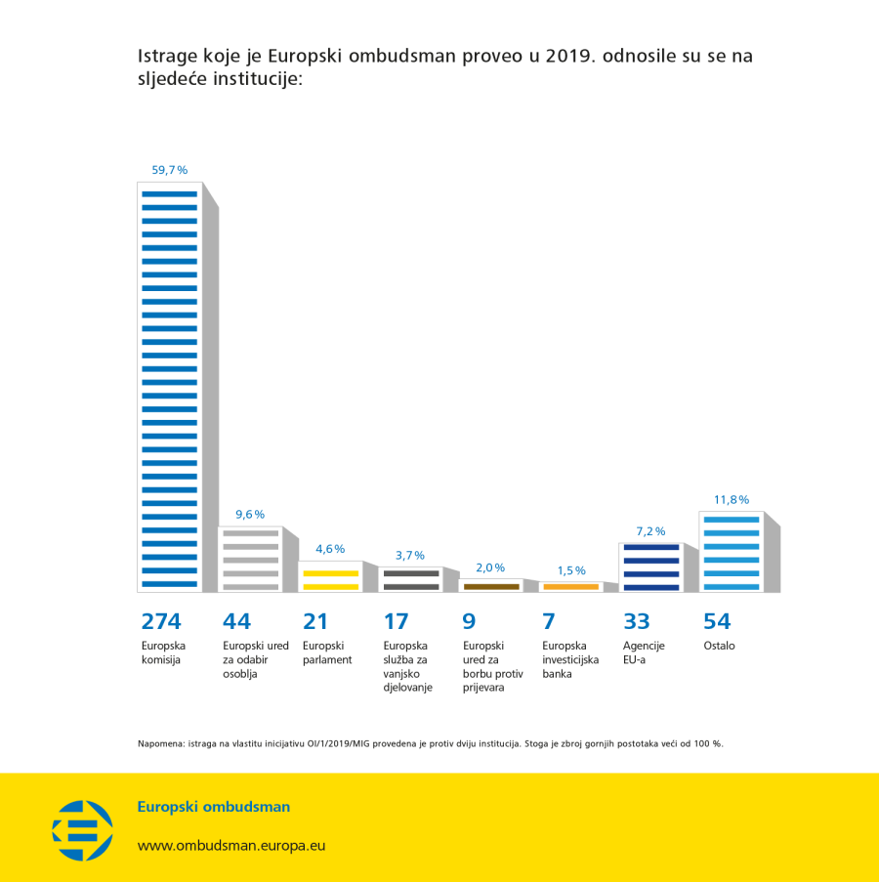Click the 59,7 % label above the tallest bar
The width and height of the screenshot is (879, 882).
click(x=169, y=170)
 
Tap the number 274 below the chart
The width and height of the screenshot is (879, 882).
click(x=161, y=621)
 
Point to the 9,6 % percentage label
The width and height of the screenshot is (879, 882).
click(x=249, y=515)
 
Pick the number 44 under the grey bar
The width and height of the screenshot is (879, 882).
click(x=236, y=621)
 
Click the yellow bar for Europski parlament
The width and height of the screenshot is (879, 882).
click(x=330, y=579)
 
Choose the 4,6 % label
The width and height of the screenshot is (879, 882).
click(x=330, y=549)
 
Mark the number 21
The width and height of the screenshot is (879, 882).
click(x=314, y=621)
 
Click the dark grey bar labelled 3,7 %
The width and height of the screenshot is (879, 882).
click(x=410, y=579)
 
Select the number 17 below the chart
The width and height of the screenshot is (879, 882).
click(x=395, y=621)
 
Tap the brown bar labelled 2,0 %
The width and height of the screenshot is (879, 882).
click(x=490, y=586)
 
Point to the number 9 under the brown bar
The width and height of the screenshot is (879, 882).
click(x=468, y=621)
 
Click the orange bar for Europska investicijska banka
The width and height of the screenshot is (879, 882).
click(x=570, y=586)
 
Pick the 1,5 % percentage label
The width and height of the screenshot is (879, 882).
click(x=570, y=570)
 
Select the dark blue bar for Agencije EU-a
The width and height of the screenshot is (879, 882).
click(x=650, y=567)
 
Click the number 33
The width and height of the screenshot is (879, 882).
click(x=636, y=621)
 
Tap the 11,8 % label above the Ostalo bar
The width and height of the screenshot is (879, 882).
click(x=731, y=500)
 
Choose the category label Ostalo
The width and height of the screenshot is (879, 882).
click(x=719, y=646)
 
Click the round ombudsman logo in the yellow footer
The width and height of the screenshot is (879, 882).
click(x=83, y=830)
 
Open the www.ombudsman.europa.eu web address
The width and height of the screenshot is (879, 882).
click(x=230, y=846)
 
